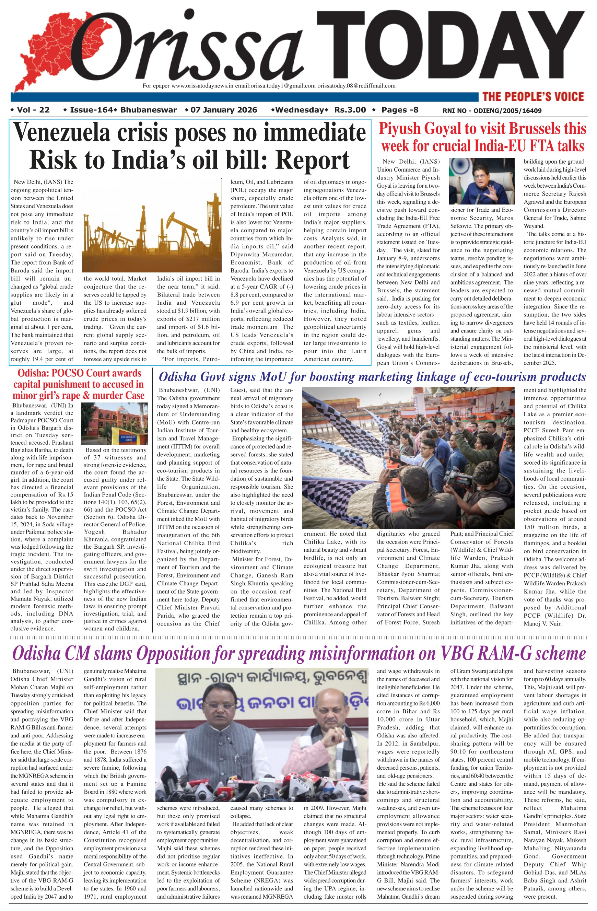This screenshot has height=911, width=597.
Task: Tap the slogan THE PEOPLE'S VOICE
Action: tap(533, 96)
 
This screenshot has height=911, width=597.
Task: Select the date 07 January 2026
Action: tap(223, 110)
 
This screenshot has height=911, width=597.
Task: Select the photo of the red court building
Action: tap(115, 423)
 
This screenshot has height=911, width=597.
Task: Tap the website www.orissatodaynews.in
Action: tap(202, 86)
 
